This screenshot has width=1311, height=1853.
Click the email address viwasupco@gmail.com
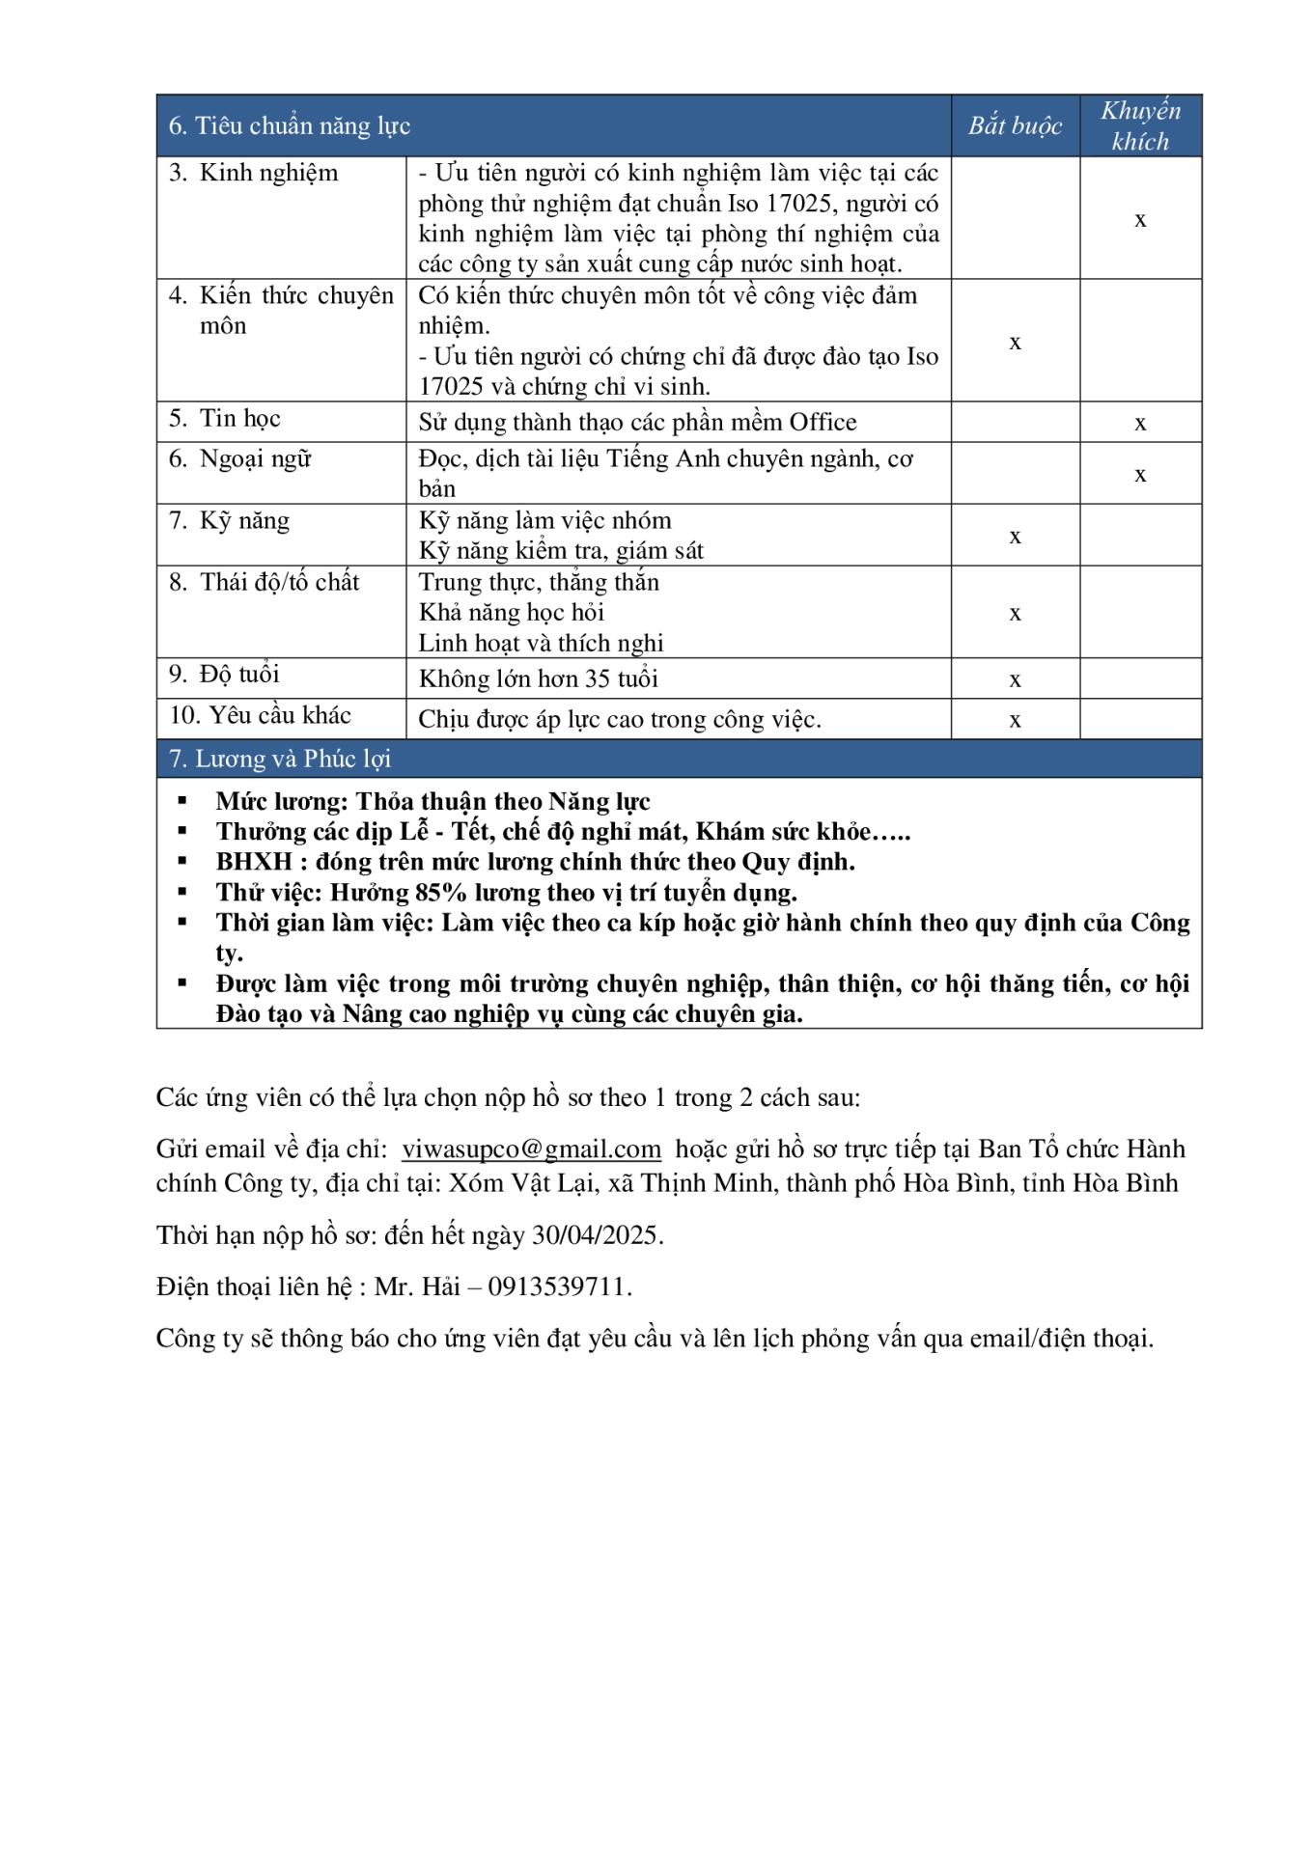click(531, 1148)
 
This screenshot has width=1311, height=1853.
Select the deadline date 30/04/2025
click(595, 1235)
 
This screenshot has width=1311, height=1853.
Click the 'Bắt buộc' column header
click(1015, 125)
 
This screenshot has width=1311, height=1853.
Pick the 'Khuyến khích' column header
click(1140, 125)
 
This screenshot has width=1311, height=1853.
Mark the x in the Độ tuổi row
click(1015, 680)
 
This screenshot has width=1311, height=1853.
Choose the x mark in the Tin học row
click(1140, 424)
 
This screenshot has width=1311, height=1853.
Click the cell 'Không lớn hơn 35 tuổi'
click(538, 678)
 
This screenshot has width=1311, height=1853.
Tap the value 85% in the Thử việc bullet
click(440, 892)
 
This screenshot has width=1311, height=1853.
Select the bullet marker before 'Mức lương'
click(182, 801)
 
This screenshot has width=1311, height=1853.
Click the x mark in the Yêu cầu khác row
click(1015, 721)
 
